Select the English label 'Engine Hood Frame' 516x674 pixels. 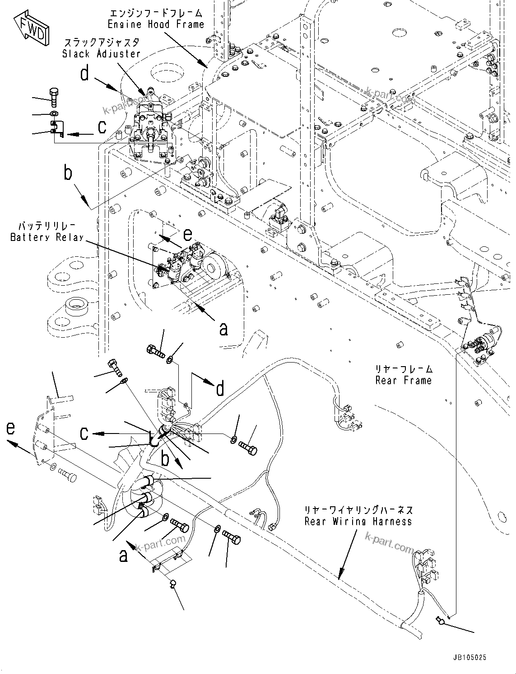pyautogui.click(x=156, y=24)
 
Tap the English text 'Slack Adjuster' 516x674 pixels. pyautogui.click(x=101, y=53)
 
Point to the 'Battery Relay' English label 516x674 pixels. pyautogui.click(x=47, y=237)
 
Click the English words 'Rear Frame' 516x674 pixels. pyautogui.click(x=403, y=381)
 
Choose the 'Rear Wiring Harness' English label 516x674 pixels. pyautogui.click(x=358, y=521)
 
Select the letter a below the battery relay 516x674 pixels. pyautogui.click(x=223, y=329)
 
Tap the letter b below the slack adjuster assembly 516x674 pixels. pyautogui.click(x=68, y=173)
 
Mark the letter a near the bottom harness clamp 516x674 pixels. pyautogui.click(x=123, y=556)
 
